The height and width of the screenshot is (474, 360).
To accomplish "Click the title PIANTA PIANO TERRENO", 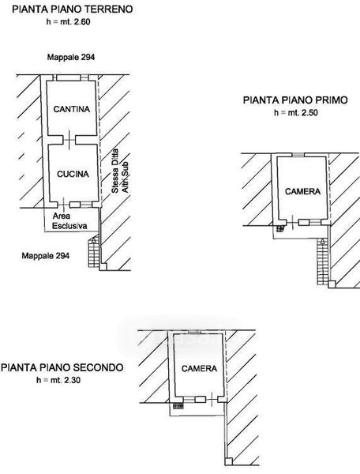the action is [x=73, y=9].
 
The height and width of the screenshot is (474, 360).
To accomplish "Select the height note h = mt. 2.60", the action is [x=68, y=22].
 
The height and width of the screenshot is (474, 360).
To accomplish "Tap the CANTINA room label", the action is [x=72, y=109].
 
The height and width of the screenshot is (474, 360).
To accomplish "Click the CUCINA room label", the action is [x=73, y=174].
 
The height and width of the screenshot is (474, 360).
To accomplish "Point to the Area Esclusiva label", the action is [x=69, y=221].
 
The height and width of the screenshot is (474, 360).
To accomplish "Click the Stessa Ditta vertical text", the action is [x=115, y=171].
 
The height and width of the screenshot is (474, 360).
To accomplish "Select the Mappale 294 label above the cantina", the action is [x=71, y=57].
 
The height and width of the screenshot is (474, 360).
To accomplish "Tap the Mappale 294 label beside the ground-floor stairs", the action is [x=46, y=256].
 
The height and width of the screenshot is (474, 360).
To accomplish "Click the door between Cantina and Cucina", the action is [x=69, y=140].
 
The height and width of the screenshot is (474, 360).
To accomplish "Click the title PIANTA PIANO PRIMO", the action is [x=295, y=100].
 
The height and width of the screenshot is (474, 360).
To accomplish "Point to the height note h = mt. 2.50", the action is [x=296, y=113].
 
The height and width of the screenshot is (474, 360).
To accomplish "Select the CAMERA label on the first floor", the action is [x=302, y=191].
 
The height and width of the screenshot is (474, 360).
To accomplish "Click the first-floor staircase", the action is [x=323, y=261].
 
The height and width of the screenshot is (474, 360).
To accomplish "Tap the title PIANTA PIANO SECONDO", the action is [x=62, y=367].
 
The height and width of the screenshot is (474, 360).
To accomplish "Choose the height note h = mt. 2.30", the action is [x=58, y=380].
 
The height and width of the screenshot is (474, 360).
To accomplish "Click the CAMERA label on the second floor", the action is [x=199, y=368].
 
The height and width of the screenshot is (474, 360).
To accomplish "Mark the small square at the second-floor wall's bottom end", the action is [x=229, y=461].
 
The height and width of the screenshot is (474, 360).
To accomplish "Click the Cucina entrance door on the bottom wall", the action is [x=63, y=205].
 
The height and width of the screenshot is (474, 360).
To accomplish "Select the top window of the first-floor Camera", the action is [x=298, y=155].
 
